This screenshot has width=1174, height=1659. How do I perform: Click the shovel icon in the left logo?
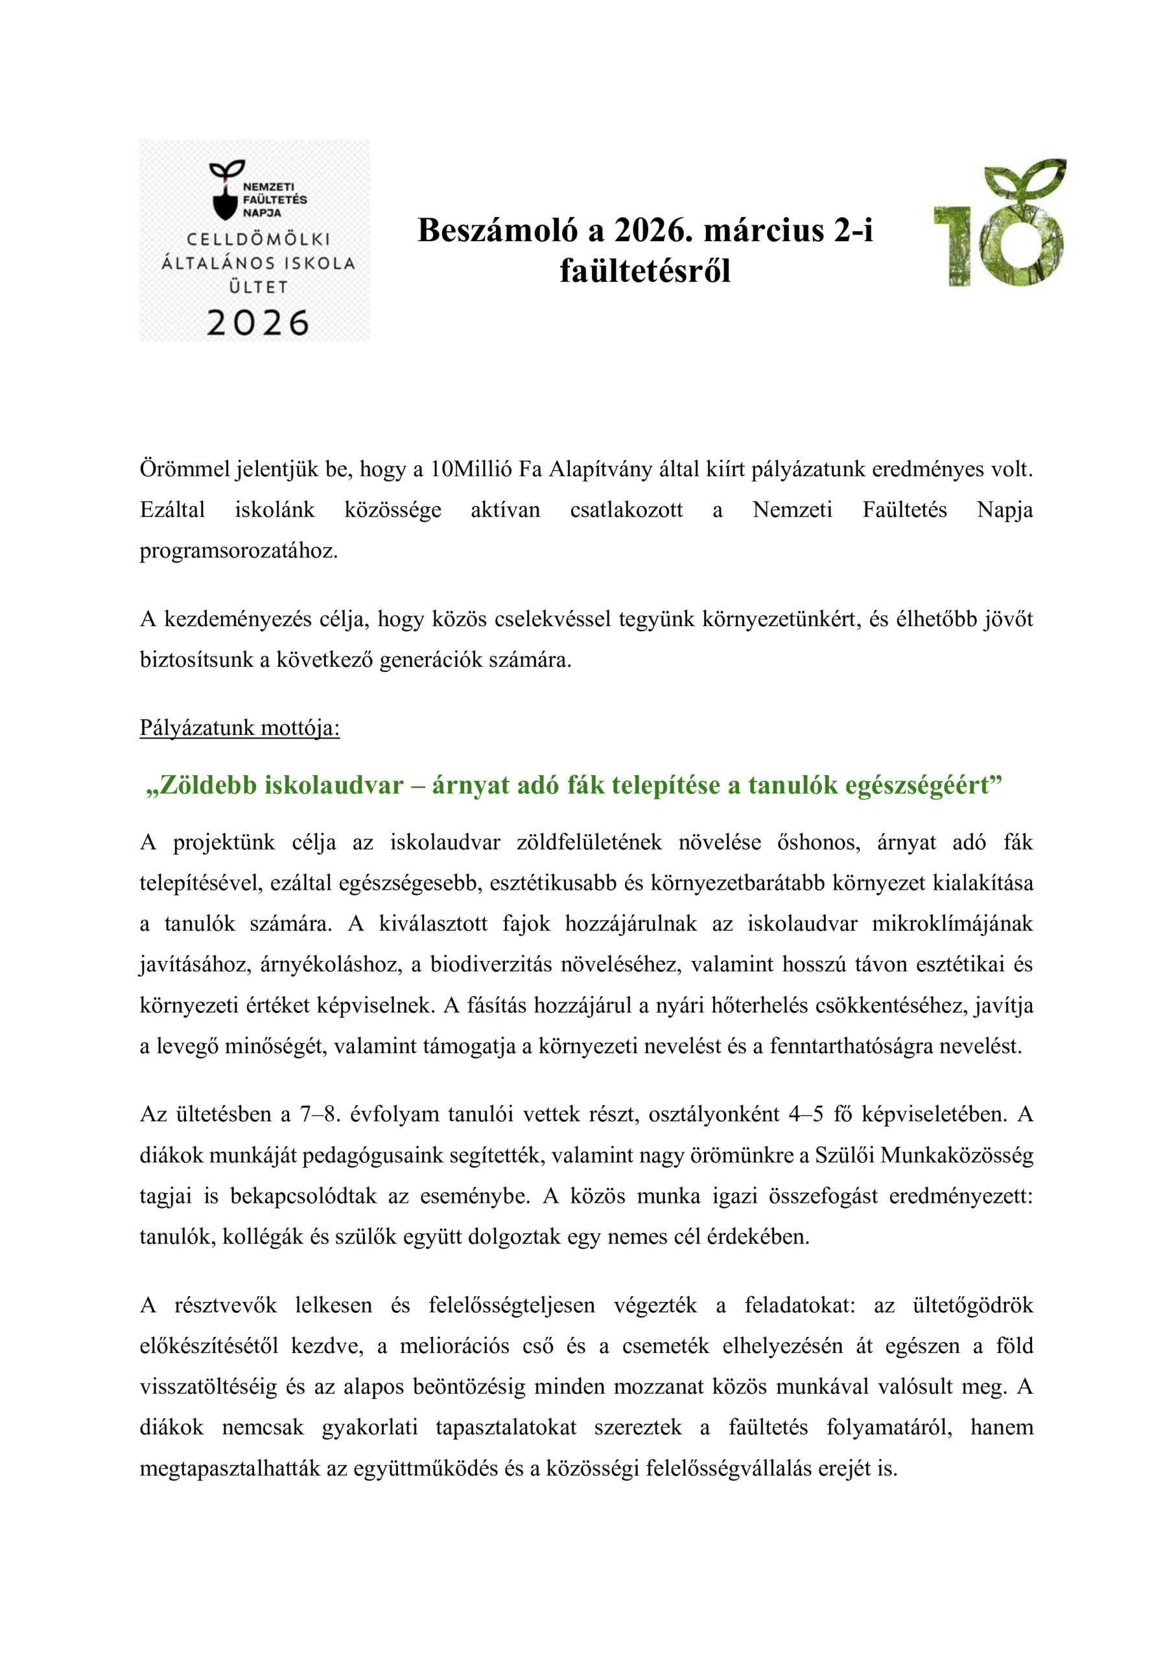pyautogui.click(x=225, y=200)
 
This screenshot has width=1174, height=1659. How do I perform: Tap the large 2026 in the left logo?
pyautogui.click(x=258, y=322)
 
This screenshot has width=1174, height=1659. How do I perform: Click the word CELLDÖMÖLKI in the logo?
pyautogui.click(x=258, y=239)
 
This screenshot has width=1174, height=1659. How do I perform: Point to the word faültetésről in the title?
pyautogui.click(x=645, y=271)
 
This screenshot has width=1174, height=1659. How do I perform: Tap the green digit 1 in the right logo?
pyautogui.click(x=953, y=246)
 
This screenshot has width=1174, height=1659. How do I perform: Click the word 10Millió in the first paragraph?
pyautogui.click(x=471, y=470)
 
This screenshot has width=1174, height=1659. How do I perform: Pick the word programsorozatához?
pyautogui.click(x=239, y=551)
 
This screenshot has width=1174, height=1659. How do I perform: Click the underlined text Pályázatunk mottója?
pyautogui.click(x=239, y=728)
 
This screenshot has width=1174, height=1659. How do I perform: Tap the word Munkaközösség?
pyautogui.click(x=956, y=1155)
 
